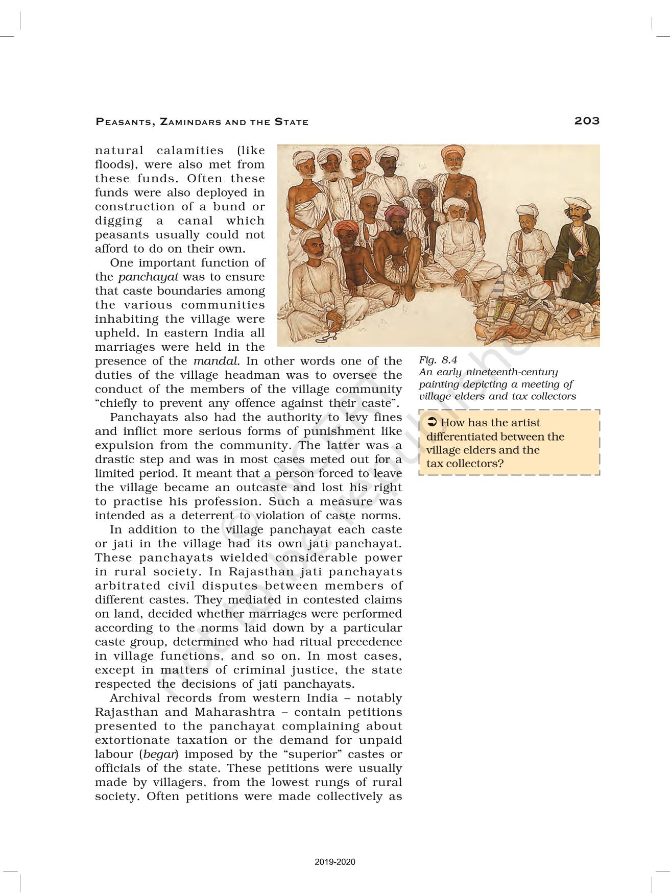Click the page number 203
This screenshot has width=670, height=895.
(x=586, y=121)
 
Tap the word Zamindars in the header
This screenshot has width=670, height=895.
(x=189, y=122)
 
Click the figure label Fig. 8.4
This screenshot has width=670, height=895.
(x=438, y=360)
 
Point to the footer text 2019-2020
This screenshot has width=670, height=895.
(x=334, y=862)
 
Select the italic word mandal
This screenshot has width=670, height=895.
(x=216, y=361)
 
